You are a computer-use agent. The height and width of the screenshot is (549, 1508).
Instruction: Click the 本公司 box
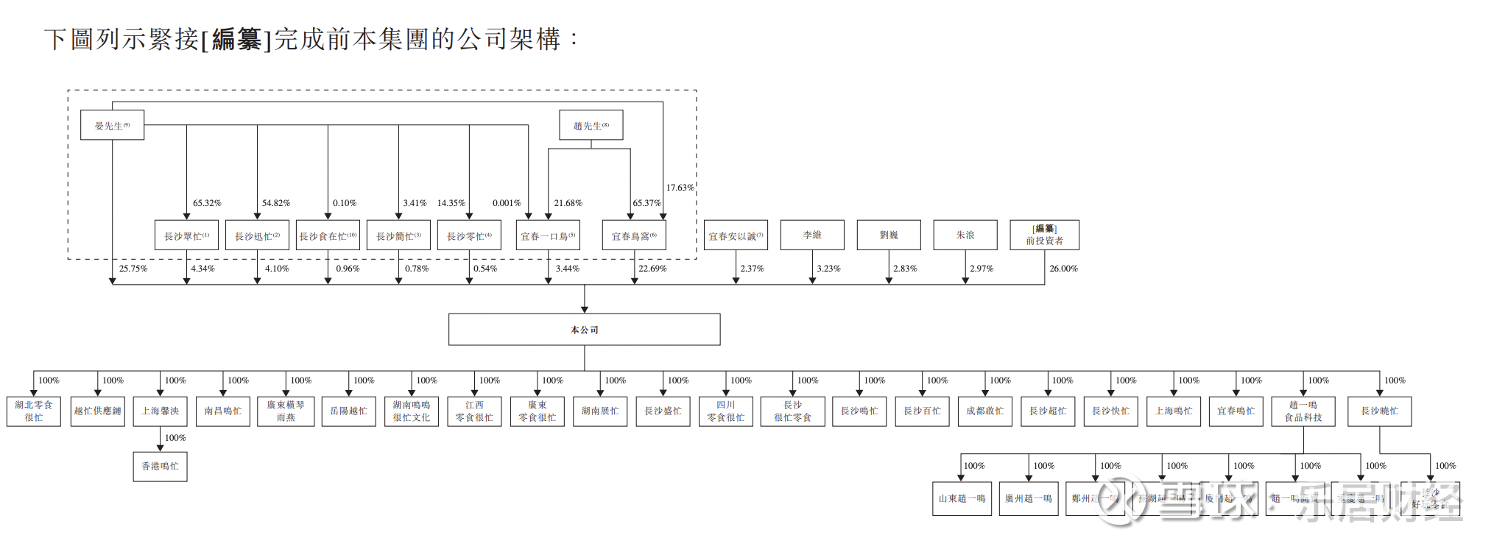584,330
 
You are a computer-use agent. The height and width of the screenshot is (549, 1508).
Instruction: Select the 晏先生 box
112,125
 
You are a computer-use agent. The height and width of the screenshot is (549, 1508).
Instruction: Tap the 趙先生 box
591,125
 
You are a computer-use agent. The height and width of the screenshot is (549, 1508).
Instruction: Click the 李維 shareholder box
812,235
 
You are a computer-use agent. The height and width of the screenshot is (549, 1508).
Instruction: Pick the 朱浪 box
965,235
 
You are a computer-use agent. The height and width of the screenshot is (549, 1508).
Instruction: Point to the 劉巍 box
889,235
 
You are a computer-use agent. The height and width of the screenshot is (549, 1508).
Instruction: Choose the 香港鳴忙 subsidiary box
160,467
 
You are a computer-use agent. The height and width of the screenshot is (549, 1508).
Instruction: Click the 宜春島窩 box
634,235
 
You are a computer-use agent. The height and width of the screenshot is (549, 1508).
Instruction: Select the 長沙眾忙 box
186,235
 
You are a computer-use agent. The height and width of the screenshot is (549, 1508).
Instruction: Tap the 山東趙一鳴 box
962,498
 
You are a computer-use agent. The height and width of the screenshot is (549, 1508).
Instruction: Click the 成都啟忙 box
985,411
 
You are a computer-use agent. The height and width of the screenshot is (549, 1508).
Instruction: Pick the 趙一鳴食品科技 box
1303,411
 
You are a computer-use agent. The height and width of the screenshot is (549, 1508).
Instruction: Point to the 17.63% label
680,188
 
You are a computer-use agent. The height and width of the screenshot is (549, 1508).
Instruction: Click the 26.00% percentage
1063,269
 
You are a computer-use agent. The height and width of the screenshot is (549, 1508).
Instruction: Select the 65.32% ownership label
207,203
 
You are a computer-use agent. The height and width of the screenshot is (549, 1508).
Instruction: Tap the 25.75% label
133,269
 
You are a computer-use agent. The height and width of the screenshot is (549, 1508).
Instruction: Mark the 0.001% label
507,203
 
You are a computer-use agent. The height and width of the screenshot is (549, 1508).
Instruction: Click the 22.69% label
652,269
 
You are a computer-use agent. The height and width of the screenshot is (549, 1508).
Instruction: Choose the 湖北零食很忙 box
34,411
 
